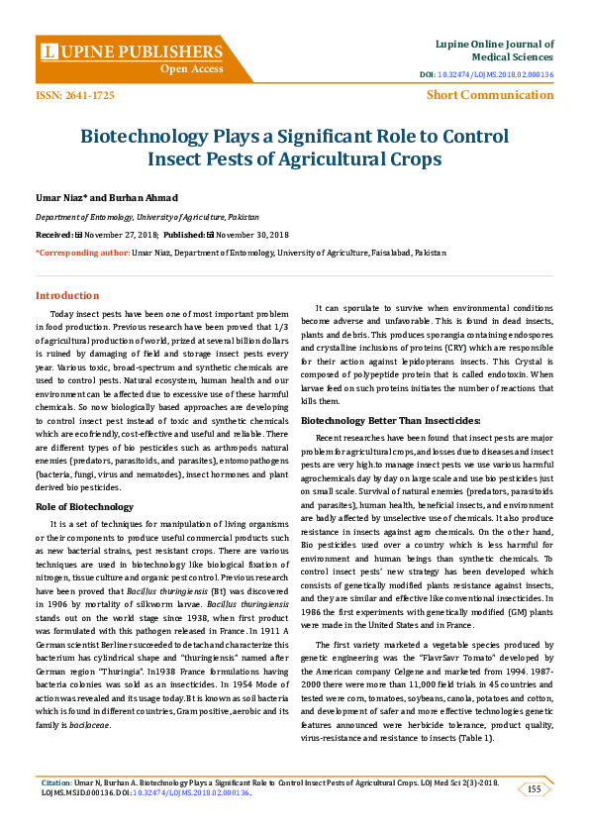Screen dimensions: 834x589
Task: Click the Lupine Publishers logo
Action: [132, 51]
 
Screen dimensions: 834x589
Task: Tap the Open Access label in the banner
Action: [192, 68]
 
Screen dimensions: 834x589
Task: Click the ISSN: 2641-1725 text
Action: [74, 95]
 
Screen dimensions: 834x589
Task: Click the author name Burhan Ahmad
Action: [148, 198]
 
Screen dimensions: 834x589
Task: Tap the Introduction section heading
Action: [67, 295]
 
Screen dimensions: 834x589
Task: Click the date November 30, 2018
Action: [250, 235]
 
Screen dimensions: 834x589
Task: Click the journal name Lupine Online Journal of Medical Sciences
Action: [494, 50]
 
